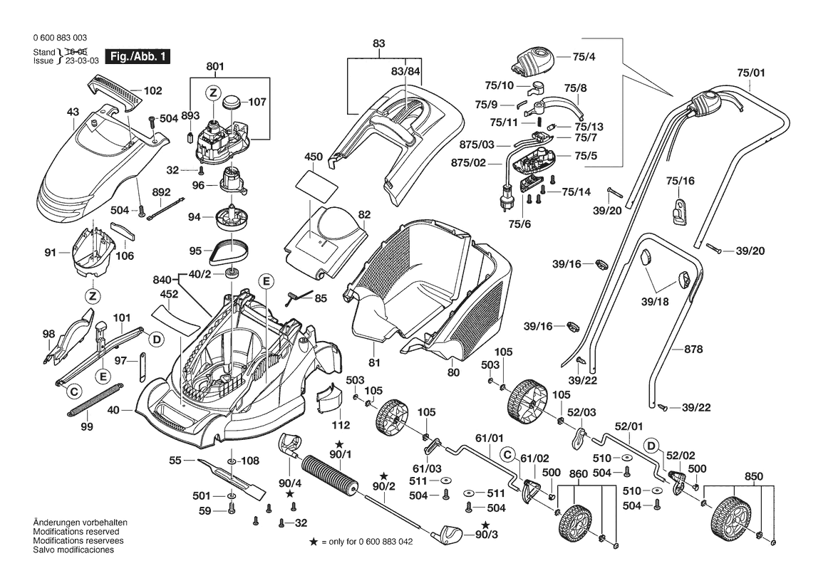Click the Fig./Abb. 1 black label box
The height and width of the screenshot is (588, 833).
[x=138, y=56]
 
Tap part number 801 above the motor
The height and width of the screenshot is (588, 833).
[x=215, y=67]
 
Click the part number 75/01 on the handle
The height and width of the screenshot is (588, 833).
[x=750, y=72]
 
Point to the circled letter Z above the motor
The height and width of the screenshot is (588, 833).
[x=212, y=92]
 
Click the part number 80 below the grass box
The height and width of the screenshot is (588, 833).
[x=454, y=372]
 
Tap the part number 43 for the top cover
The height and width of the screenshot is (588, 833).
[x=73, y=112]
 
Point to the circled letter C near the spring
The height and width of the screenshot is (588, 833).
[x=73, y=392]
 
